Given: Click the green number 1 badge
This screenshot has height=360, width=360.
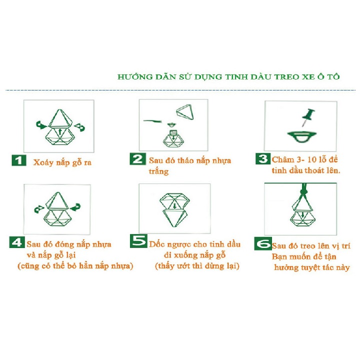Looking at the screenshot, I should pyautogui.click(x=18, y=161).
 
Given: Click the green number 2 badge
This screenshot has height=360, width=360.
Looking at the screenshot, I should pyautogui.click(x=137, y=159).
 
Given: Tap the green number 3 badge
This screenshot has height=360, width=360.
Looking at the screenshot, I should pyautogui.click(x=263, y=159).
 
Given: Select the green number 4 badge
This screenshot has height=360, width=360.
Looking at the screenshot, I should pyautogui.click(x=17, y=243).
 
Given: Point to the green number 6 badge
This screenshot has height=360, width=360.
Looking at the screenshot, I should pyautogui.click(x=262, y=244).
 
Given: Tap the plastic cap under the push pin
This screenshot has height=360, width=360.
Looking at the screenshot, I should pyautogui.click(x=301, y=135).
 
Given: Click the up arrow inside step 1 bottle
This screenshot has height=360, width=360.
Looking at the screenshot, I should pyautogui.click(x=59, y=132).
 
